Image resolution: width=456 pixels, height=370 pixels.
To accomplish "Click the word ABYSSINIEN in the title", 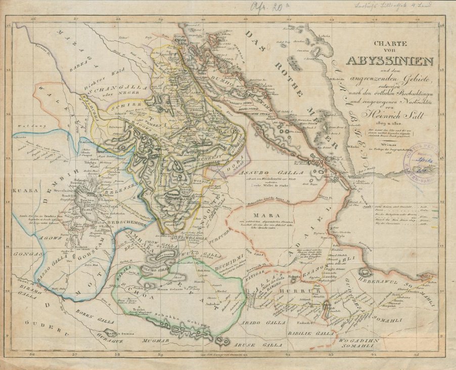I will coord(389,61).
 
